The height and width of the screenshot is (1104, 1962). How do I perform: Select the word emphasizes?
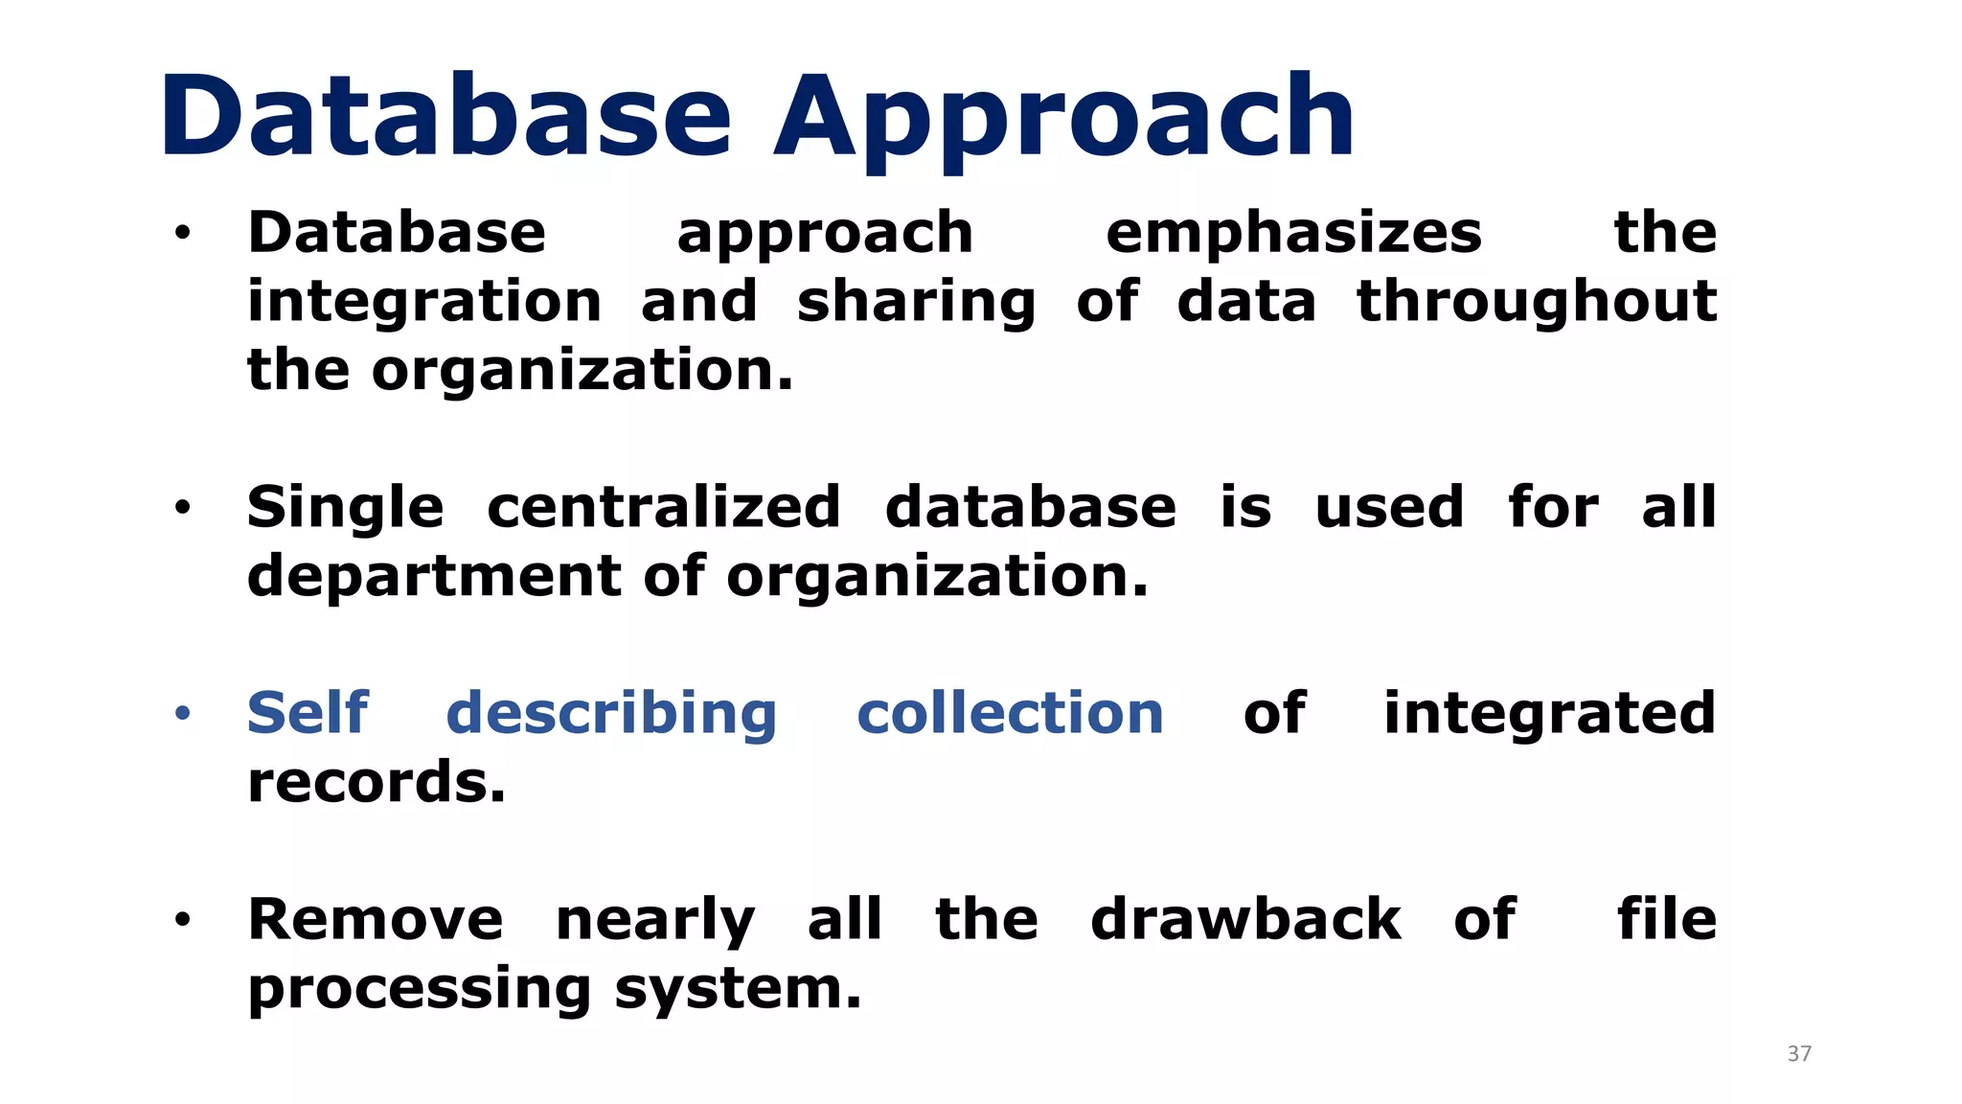pos(1293,234)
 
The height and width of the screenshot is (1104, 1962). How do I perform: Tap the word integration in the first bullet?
pos(424,303)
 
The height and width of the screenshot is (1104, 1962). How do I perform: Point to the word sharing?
pos(916,303)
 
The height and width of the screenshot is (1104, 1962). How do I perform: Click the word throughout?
pos(1537,303)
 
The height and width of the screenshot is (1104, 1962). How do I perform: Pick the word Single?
pos(346,509)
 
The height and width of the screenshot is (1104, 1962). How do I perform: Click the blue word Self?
pos(308,713)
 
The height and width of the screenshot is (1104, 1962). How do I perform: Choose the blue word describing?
pos(611,715)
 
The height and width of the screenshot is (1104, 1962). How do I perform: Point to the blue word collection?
pos(1010,714)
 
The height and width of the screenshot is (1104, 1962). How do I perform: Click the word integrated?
pos(1549,715)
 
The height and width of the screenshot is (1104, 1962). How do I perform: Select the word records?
pos(376,783)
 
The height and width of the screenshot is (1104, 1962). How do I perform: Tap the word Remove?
pos(375,920)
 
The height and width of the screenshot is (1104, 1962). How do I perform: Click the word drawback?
pos(1245,920)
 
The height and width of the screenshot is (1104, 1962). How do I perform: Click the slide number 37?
pos(1799,1054)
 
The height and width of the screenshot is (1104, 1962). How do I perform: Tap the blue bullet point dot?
pos(183,713)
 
